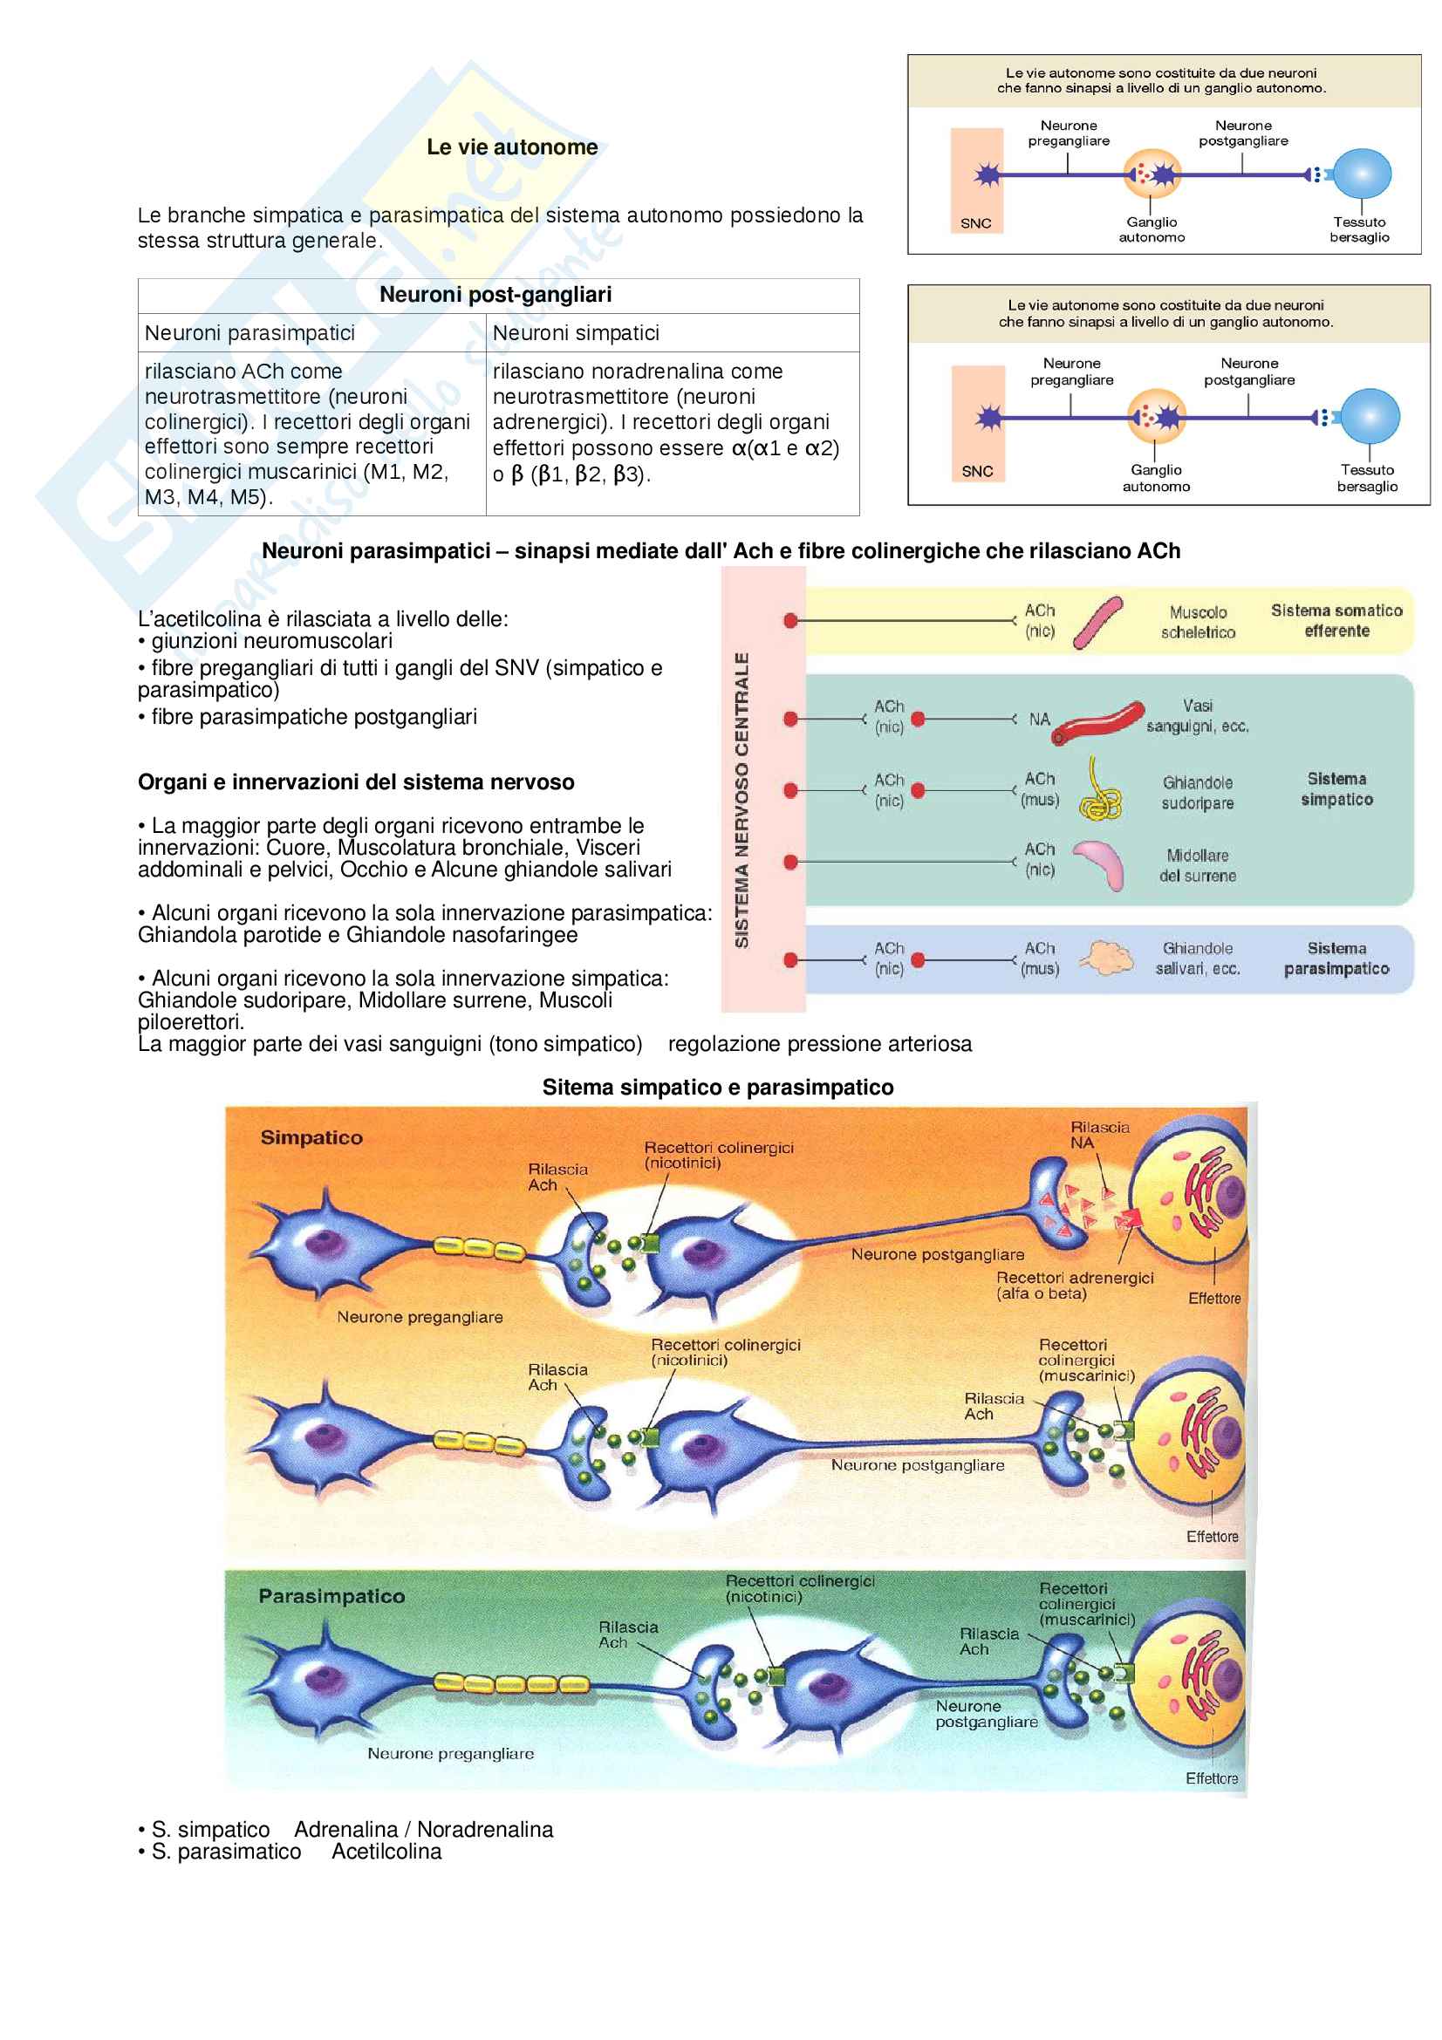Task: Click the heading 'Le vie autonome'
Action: tap(512, 147)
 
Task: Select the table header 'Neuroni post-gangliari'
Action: tap(495, 295)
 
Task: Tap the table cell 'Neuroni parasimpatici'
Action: tap(249, 333)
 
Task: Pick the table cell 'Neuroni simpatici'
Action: tap(576, 333)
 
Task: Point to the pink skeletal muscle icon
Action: tap(1098, 622)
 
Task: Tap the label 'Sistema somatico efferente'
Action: tap(1336, 621)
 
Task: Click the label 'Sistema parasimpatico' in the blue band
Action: tap(1336, 959)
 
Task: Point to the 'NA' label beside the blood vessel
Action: tap(1040, 720)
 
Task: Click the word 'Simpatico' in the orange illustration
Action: tap(311, 1138)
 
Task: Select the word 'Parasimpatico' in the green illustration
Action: tap(331, 1597)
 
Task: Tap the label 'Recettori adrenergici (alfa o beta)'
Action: tap(1074, 1286)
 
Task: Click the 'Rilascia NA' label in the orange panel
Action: tap(1099, 1136)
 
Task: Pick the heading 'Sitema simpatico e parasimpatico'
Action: tap(718, 1088)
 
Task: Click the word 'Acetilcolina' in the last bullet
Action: tap(386, 1852)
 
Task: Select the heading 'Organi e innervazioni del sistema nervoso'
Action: tap(356, 782)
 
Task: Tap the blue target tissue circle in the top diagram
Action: tap(1362, 174)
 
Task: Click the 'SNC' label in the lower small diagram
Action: tap(977, 472)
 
